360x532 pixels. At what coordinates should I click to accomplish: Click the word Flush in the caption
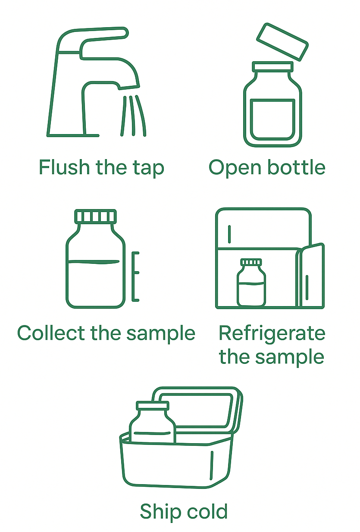pos(64,167)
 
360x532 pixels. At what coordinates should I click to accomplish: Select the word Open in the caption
pos(235,169)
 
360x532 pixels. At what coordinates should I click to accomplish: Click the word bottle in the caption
pos(296,167)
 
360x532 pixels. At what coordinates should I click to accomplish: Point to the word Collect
pos(51,333)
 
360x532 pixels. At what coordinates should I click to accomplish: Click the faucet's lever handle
pos(104,38)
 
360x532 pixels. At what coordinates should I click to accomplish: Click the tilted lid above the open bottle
pos(282,42)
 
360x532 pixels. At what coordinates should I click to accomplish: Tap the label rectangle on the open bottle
pos(272,119)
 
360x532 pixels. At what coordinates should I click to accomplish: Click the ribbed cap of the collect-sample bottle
pos(95,216)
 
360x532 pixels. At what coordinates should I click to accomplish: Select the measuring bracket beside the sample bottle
pos(135,276)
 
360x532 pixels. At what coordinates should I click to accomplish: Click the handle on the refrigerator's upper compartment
pos(229,234)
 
